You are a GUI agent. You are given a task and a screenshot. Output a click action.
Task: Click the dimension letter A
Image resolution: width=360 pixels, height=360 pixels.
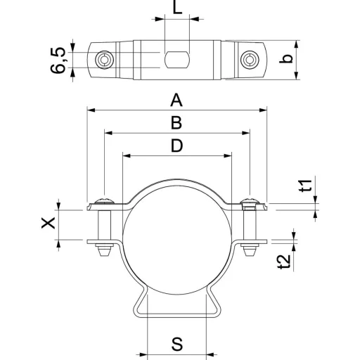[x=176, y=100]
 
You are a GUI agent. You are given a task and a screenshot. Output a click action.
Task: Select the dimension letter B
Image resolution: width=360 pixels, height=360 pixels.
[x=176, y=123]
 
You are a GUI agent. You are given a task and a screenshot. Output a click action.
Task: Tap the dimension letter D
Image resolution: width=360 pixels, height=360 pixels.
[x=176, y=146]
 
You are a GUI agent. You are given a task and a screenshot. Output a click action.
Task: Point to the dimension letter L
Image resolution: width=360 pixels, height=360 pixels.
[x=177, y=7]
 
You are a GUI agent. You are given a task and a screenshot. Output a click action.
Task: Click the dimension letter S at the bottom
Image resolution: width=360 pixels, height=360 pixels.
[x=177, y=344]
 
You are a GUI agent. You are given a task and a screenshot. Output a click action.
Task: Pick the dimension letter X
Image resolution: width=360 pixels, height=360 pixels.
[x=49, y=223]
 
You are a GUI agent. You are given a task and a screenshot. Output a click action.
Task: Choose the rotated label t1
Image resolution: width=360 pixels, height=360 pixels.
[x=306, y=186]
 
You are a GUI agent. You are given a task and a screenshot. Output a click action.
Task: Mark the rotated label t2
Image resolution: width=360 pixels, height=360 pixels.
[x=285, y=262]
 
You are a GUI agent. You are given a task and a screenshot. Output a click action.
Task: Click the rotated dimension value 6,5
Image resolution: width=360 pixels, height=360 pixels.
[x=58, y=60]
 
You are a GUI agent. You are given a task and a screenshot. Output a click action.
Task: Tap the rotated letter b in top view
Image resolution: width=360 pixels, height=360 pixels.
[x=286, y=59]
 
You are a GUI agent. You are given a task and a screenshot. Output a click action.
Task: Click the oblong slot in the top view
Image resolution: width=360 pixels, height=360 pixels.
[x=177, y=60]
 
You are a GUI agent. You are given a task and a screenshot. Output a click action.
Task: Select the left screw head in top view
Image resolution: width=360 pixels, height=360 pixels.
[x=104, y=60]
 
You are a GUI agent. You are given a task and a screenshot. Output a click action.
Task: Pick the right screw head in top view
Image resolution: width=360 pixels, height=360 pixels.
[x=250, y=60]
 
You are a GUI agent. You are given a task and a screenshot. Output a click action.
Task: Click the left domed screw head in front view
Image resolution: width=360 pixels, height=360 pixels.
[x=104, y=201]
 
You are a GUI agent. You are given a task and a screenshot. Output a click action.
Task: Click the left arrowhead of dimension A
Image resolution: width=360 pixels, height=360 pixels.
[x=91, y=110]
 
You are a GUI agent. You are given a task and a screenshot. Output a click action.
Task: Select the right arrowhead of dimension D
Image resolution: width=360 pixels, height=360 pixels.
[x=228, y=156]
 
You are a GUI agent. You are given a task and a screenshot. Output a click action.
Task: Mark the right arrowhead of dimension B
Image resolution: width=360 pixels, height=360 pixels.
[x=246, y=133]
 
